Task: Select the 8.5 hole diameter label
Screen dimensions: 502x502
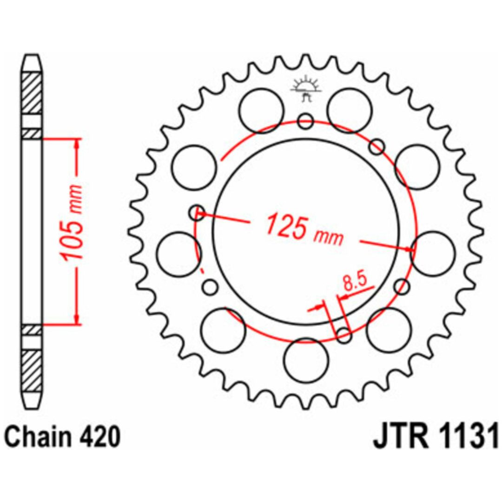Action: pyautogui.click(x=354, y=281)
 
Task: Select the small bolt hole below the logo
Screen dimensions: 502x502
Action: pyautogui.click(x=305, y=121)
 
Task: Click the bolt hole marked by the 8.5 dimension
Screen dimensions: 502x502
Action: pyautogui.click(x=344, y=335)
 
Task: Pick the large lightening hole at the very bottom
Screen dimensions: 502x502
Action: pyautogui.click(x=306, y=360)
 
